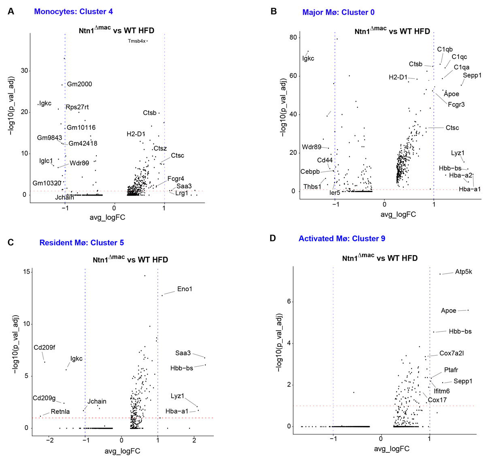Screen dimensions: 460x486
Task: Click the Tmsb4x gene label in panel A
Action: pos(136,41)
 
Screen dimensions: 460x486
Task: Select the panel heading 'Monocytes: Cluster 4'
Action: pos(73,11)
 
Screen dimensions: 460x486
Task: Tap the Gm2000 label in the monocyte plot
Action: pos(79,84)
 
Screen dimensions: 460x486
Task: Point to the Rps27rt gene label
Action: pos(77,107)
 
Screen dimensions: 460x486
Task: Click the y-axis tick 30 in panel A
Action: pos(25,71)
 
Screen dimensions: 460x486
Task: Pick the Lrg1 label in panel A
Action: pos(182,193)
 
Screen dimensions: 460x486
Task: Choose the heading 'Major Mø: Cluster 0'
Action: pos(338,12)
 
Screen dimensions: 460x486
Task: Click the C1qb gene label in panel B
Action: pos(445,49)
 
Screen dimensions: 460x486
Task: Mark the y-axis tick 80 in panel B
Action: pos(293,38)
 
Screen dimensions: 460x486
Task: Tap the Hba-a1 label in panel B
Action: pos(470,189)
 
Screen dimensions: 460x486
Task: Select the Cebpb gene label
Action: pos(310,172)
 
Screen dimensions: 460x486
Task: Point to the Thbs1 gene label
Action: pos(312,187)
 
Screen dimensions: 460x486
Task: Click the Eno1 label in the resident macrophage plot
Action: pos(185,289)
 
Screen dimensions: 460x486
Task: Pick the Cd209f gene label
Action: pos(45,347)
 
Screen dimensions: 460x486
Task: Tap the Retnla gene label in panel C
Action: pos(60,411)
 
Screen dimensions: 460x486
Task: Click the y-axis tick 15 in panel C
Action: pos(27,272)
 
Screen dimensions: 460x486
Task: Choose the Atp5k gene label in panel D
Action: pos(463,272)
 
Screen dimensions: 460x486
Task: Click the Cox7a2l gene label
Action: pos(452,353)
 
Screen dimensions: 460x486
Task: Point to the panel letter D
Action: pos(273,238)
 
